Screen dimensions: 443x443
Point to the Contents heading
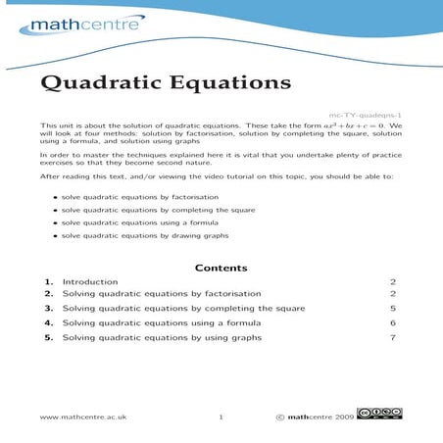pyautogui.click(x=221, y=268)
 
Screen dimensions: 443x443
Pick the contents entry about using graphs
pyautogui.click(x=162, y=337)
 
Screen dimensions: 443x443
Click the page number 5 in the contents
pyautogui.click(x=392, y=308)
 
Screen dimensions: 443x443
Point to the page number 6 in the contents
pyautogui.click(x=392, y=322)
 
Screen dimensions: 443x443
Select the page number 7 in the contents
pyautogui.click(x=392, y=337)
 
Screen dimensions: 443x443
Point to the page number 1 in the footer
pyautogui.click(x=221, y=417)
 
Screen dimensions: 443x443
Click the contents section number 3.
pyautogui.click(x=48, y=308)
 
